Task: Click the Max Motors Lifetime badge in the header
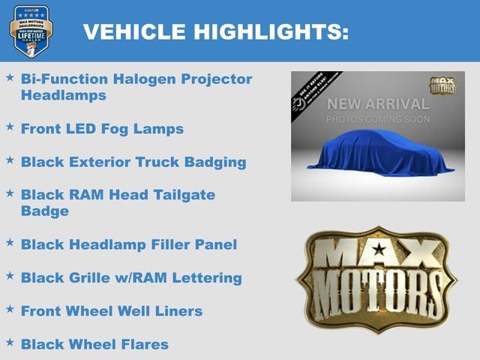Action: tap(31, 31)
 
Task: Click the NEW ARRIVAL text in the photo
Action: tap(377, 103)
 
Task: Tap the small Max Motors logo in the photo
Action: tap(442, 84)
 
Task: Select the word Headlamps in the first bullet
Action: tap(64, 95)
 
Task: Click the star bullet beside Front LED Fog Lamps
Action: tap(10, 127)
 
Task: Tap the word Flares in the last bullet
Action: tap(145, 344)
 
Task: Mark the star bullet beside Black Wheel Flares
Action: tap(10, 342)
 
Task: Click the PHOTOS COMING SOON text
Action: tap(377, 119)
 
